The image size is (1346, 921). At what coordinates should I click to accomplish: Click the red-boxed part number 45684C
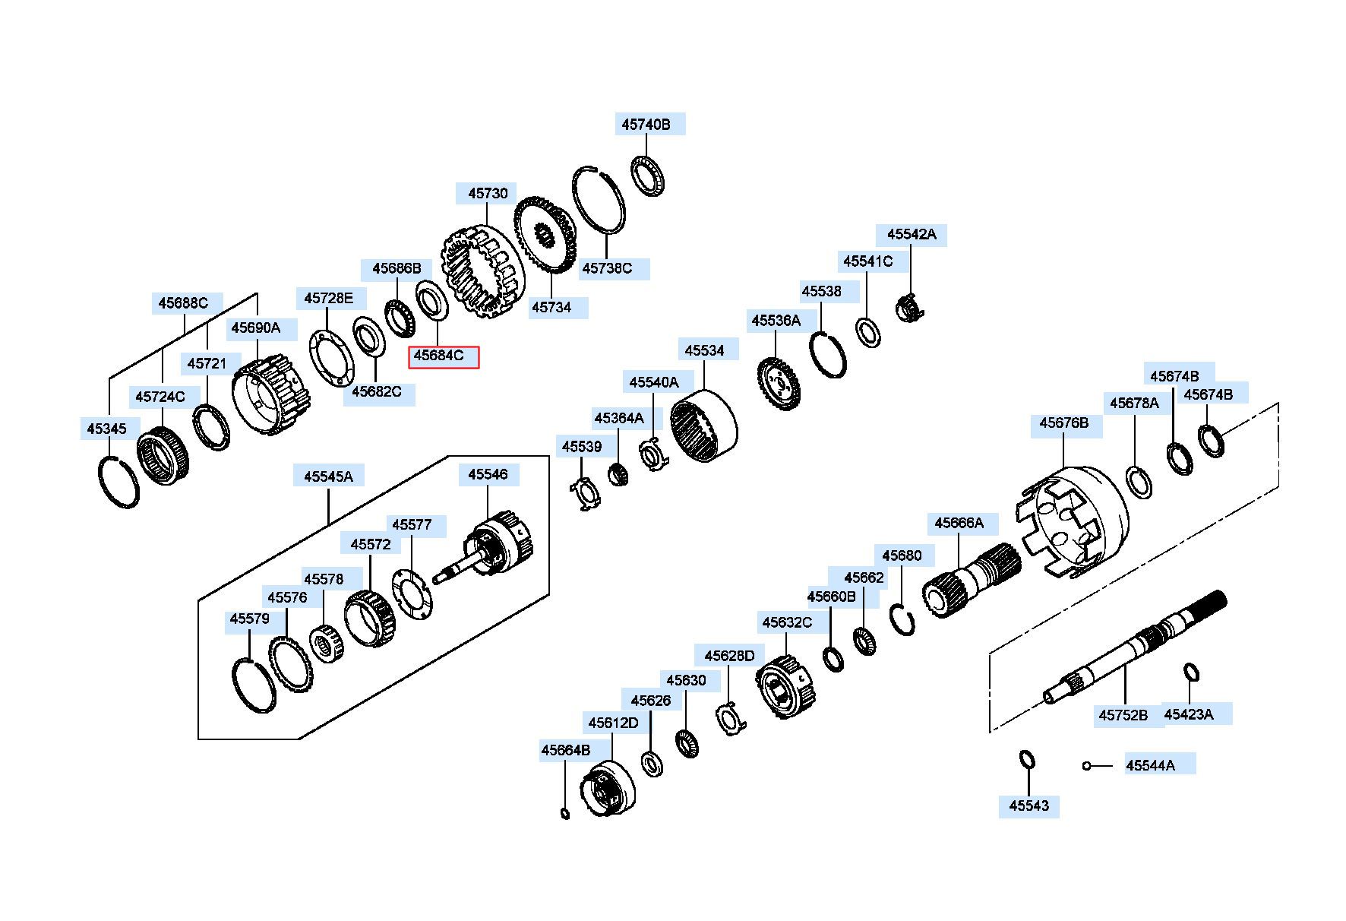coord(444,356)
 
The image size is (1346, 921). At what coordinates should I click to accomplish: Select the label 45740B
coord(646,125)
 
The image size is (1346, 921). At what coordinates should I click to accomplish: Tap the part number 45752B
coord(1123,715)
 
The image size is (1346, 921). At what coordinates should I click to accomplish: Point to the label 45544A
coord(1150,765)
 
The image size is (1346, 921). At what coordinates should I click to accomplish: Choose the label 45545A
coord(329,476)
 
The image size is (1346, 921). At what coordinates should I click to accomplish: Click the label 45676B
coord(1064,423)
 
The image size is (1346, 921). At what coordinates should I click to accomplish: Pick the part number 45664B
coord(566,750)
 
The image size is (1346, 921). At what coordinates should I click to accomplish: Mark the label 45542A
coord(912,234)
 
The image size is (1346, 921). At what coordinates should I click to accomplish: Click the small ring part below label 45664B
coord(564,814)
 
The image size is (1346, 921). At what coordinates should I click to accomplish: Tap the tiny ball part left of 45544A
coord(1087,766)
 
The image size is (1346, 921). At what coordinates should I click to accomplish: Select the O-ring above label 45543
coord(1026,760)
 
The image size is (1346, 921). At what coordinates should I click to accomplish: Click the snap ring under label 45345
coord(119,482)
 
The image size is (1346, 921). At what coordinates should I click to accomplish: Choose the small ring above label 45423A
coord(1191,673)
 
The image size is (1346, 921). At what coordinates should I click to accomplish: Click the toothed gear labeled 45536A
coord(779,383)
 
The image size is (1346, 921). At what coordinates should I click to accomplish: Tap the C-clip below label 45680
coord(904,619)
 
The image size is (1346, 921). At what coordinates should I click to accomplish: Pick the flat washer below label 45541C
coord(868,332)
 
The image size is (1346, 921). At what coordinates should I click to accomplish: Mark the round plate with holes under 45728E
coord(332,359)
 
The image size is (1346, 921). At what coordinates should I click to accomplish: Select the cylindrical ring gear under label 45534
coord(703,427)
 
